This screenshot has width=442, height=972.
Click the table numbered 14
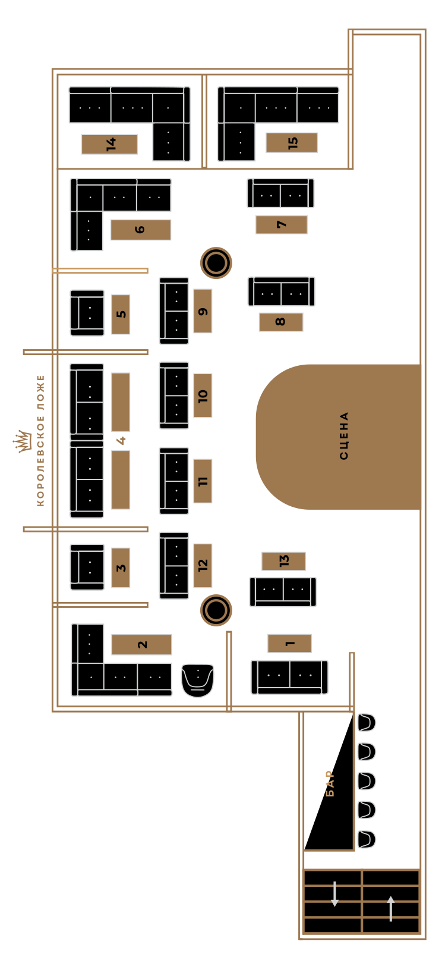click(x=110, y=144)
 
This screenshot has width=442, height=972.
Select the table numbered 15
click(x=292, y=142)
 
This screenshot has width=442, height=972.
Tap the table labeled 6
click(x=141, y=230)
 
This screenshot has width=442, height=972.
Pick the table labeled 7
click(x=281, y=225)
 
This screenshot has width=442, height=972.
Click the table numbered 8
click(x=281, y=322)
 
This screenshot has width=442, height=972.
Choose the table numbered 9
click(x=203, y=311)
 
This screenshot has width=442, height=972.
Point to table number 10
click(x=203, y=396)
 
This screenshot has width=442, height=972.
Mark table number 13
click(x=283, y=561)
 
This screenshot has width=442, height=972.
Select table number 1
click(x=289, y=643)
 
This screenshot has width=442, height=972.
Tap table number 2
click(x=142, y=644)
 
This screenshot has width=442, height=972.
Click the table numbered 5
click(x=121, y=314)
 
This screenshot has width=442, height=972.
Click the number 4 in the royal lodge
click(x=121, y=440)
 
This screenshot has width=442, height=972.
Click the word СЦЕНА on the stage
click(x=343, y=435)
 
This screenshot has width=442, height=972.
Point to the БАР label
click(x=330, y=783)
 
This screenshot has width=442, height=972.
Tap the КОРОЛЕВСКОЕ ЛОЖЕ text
click(x=41, y=440)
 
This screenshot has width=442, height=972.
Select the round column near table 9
click(x=216, y=263)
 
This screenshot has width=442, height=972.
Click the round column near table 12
click(x=216, y=610)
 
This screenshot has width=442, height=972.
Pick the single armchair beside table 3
click(x=87, y=567)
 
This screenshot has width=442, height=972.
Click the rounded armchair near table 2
click(x=198, y=680)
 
